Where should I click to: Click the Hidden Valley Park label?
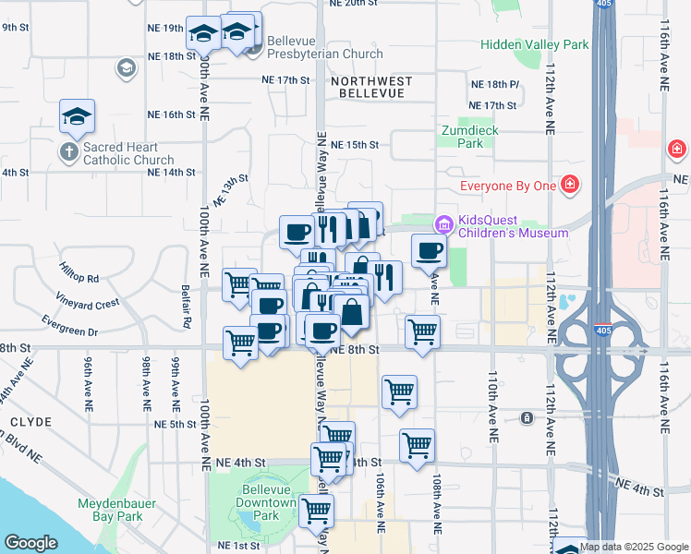pos(535,44)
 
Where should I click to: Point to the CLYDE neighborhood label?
pos(30,421)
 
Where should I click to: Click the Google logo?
pos(30,543)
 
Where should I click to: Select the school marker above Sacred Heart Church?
pos(78,115)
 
